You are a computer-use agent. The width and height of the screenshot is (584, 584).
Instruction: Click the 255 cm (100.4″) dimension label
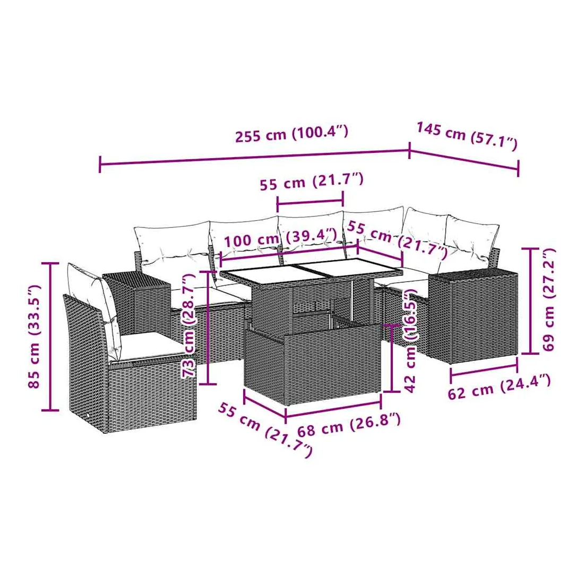click(291, 134)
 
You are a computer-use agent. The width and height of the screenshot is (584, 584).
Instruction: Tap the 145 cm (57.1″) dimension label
click(467, 135)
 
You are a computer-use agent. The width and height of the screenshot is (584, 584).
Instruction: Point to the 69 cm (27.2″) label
click(548, 299)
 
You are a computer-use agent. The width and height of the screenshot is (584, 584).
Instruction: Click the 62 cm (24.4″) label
click(499, 388)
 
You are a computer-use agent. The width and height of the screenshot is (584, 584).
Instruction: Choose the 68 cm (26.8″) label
click(349, 425)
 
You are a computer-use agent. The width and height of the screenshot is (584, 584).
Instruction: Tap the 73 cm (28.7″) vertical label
click(188, 325)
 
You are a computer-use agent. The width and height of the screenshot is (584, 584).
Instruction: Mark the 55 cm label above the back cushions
click(311, 182)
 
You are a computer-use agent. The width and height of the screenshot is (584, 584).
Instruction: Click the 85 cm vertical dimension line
click(50, 337)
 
